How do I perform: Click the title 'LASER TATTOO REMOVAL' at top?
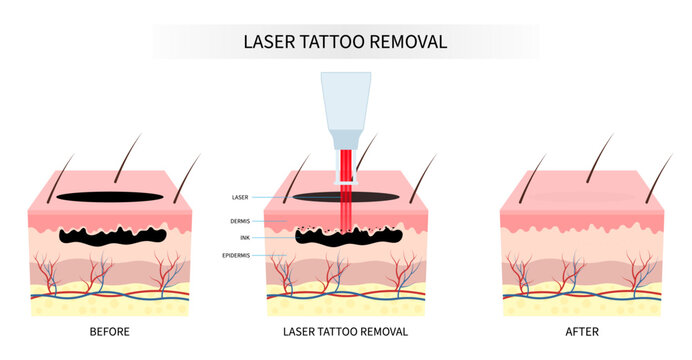(x=346, y=42)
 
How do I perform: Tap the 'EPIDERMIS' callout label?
(x=242, y=256)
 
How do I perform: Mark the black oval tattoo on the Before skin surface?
(x=110, y=197)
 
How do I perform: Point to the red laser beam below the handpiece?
(x=345, y=200)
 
